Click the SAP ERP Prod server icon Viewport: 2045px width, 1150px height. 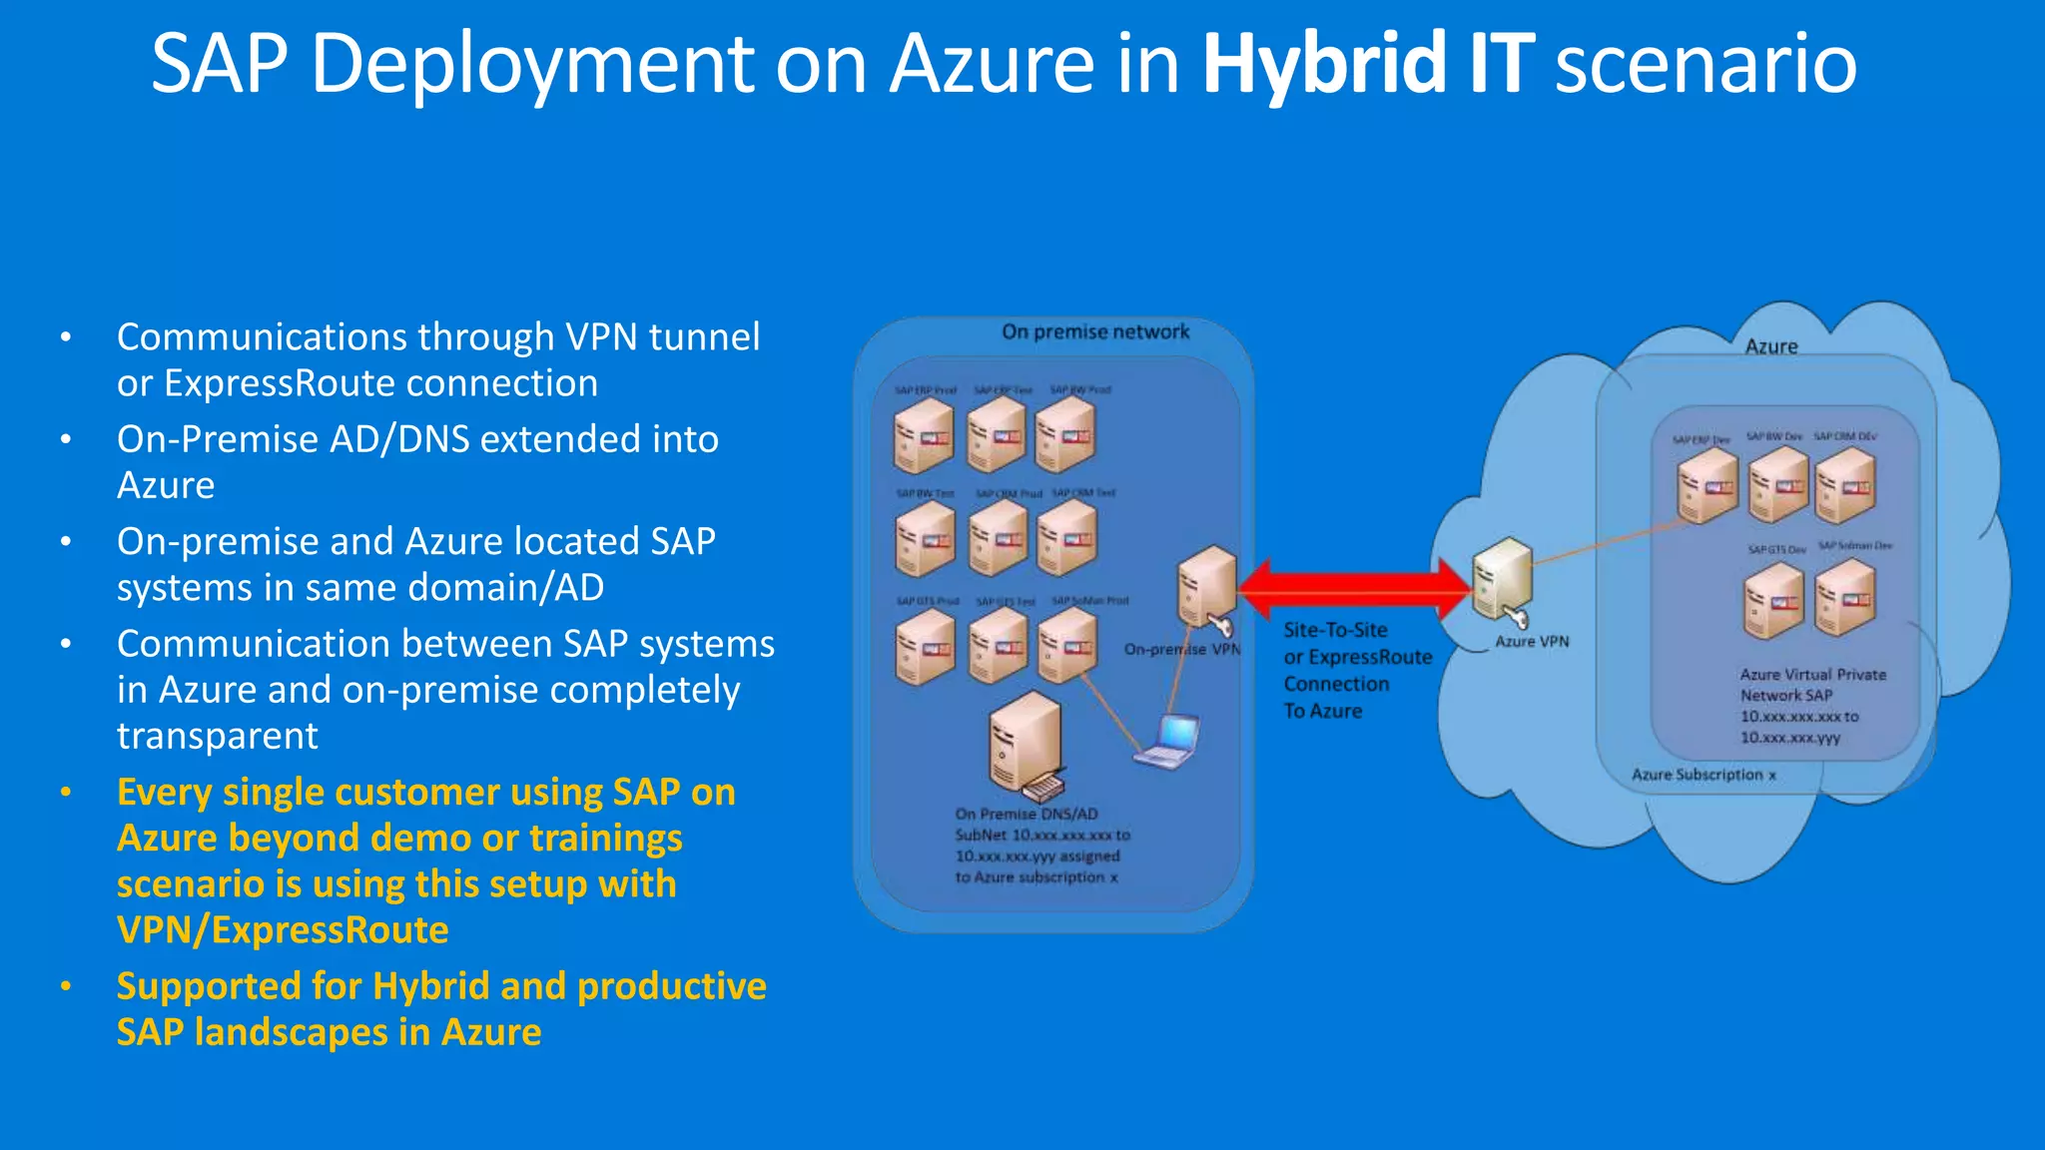924,435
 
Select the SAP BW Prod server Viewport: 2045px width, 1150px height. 1065,435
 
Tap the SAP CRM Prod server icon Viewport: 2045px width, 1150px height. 999,539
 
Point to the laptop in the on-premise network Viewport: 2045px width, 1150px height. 1168,741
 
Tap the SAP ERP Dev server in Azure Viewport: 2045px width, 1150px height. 1707,486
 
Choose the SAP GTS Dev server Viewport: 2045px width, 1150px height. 1774,600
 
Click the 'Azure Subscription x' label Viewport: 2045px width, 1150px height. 1704,775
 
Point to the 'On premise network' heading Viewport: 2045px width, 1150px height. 1095,332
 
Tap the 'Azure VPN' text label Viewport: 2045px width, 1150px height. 1532,642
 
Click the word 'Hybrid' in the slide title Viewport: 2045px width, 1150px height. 1324,64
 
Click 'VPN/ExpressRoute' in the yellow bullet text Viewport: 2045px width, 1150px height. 283,930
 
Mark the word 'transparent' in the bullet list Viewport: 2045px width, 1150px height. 218,736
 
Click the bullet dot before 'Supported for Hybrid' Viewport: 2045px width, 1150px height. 66,986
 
